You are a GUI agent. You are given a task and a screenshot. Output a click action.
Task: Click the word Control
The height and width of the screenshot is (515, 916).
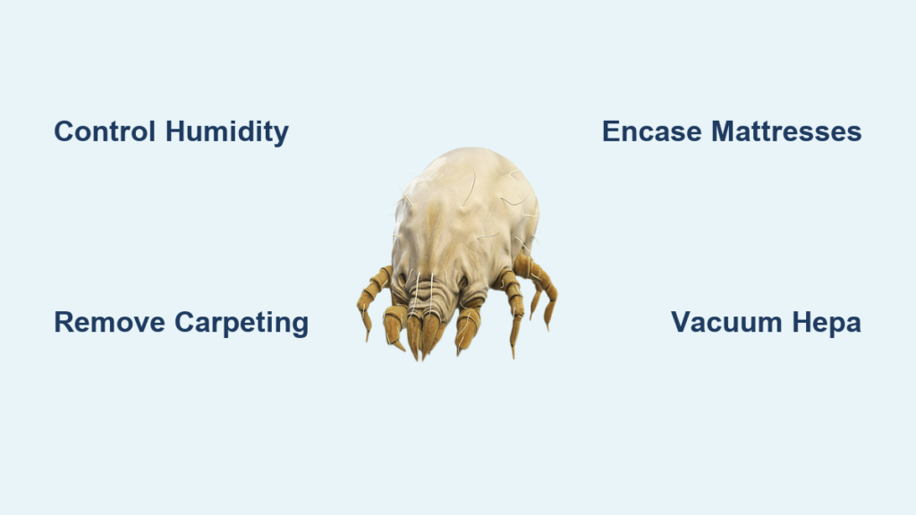pos(105,131)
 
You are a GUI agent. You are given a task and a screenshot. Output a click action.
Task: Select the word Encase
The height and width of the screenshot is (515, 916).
pos(651,131)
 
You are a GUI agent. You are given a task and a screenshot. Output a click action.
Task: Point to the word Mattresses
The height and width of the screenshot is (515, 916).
pos(786,131)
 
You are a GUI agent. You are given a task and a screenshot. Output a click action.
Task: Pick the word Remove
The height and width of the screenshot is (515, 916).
pos(109,322)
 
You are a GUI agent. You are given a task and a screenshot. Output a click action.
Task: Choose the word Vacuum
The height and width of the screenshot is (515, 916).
pos(726,322)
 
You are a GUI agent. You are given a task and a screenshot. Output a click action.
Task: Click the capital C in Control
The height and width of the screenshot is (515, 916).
pos(64,131)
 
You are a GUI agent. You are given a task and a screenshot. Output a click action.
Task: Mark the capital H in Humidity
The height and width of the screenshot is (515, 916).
pos(175,131)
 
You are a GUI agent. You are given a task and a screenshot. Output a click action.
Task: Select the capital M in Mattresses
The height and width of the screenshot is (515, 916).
pos(723,131)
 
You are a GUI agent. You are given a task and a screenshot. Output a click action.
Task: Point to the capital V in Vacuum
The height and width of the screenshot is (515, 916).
pos(681,322)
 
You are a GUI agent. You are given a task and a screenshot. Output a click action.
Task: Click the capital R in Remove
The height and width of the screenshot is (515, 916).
pos(64,322)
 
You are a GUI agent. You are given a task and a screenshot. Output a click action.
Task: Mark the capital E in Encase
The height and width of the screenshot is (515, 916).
pos(611,131)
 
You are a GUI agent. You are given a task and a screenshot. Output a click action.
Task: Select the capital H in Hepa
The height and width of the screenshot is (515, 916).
pos(802,322)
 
